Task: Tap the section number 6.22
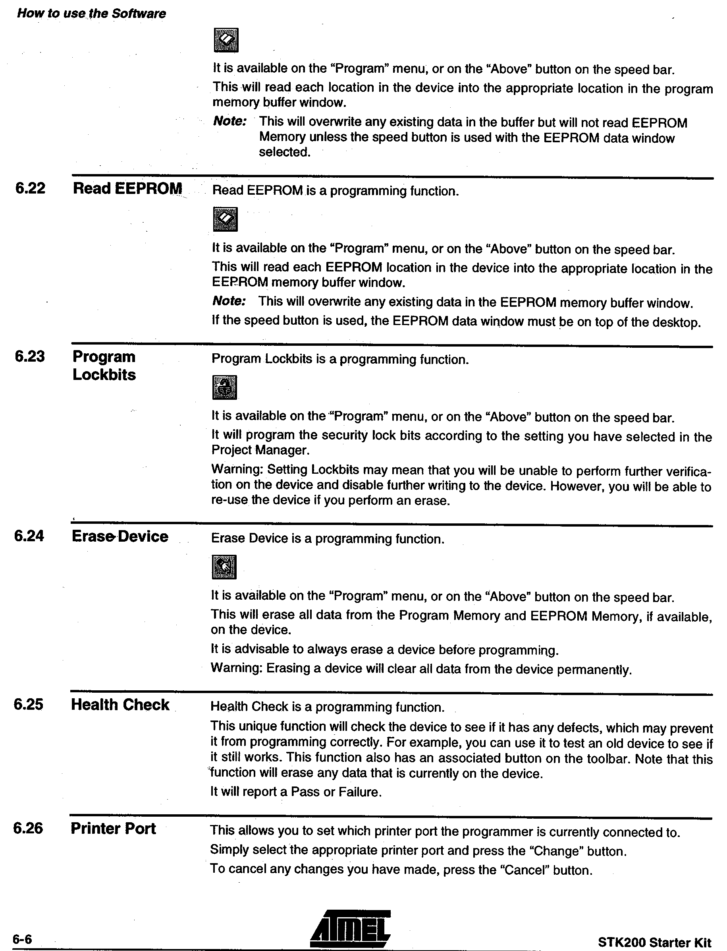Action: click(30, 189)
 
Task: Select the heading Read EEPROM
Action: click(128, 189)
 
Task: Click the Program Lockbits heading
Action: click(104, 366)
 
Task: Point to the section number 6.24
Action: click(29, 536)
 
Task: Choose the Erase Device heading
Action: click(120, 536)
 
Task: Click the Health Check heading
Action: click(120, 705)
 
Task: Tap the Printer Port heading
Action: click(114, 829)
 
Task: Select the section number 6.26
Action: click(28, 829)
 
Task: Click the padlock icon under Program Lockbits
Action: click(225, 387)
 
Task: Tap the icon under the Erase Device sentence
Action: click(224, 567)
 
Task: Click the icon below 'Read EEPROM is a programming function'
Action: click(225, 219)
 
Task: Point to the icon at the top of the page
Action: click(226, 40)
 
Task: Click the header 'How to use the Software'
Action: click(91, 14)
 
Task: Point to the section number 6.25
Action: click(29, 705)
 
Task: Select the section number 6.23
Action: click(30, 356)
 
